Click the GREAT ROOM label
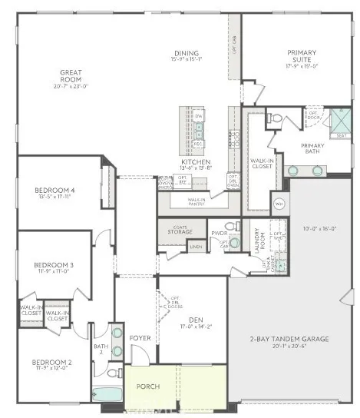point(71,76)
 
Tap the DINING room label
point(186,54)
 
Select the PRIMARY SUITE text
point(302,56)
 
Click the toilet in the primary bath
point(275,118)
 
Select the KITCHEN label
point(190,162)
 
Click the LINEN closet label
point(197,246)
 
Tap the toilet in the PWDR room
point(230,226)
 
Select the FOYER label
point(140,338)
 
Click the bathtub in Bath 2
point(107,394)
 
